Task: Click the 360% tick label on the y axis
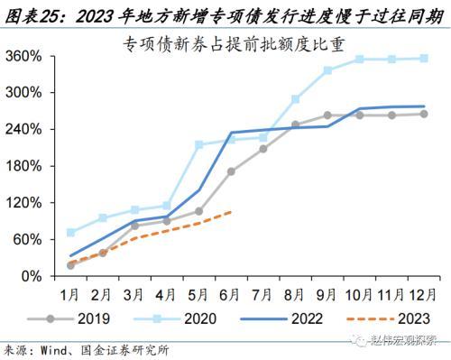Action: [23, 56]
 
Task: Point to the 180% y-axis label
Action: [23, 166]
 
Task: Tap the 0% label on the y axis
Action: [32, 276]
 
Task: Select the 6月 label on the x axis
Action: [229, 295]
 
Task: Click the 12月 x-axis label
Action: [423, 295]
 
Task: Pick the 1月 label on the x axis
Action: [69, 295]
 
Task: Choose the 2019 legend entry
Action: [69, 318]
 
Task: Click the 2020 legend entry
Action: [175, 318]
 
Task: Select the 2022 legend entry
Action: [281, 318]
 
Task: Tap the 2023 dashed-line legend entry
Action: [388, 318]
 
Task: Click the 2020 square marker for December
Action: [424, 59]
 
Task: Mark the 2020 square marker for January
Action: [71, 232]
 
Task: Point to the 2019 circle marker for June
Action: [231, 171]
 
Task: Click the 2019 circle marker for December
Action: [424, 114]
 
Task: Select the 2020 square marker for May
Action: [199, 144]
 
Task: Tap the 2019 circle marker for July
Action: [263, 149]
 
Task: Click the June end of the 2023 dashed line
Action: [231, 212]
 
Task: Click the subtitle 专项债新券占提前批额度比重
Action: [234, 45]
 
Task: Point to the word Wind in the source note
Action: [54, 350]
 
